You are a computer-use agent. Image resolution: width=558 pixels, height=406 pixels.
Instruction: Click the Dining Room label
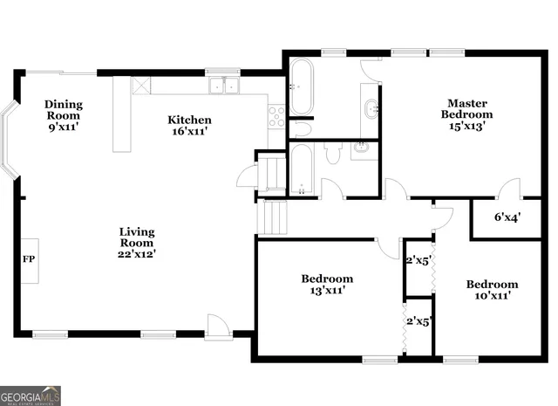coord(63,115)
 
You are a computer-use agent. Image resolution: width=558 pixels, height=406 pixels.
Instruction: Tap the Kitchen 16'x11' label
coord(190,126)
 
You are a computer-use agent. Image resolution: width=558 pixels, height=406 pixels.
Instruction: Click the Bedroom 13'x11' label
coord(328,285)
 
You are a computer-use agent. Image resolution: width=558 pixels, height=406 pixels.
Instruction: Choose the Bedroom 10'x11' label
coord(492,290)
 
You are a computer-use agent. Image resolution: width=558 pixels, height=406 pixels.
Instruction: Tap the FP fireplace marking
coord(28,260)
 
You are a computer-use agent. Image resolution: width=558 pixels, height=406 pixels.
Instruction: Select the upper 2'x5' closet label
coord(419,258)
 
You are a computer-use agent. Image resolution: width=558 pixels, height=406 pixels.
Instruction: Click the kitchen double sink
coord(225,86)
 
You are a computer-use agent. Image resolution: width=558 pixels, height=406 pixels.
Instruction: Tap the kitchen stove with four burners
coord(276,116)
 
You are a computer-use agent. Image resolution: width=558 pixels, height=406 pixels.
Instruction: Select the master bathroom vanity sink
coord(371,107)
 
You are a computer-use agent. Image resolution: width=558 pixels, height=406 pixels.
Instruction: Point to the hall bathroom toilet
coord(332,154)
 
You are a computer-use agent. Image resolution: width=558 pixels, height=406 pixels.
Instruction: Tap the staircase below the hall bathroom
coord(272,217)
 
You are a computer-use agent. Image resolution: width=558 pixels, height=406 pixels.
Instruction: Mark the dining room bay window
coord(9,140)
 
